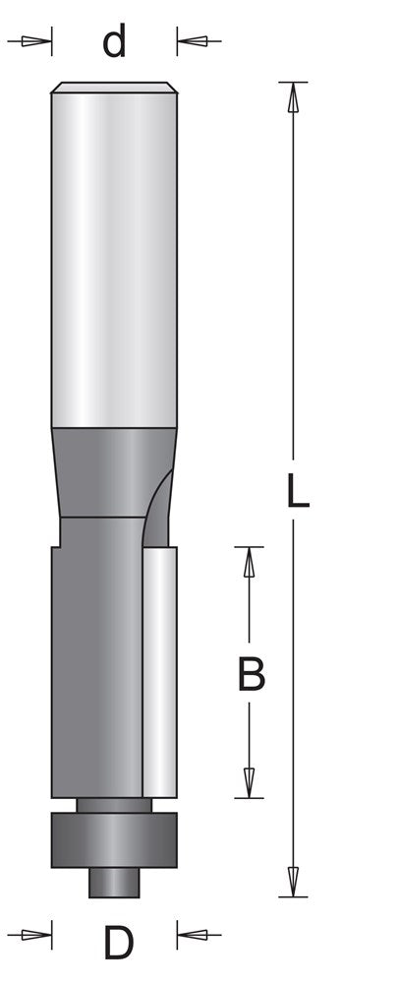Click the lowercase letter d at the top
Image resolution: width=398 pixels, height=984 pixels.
[116, 42]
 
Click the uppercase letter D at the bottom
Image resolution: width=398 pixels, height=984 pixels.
[118, 945]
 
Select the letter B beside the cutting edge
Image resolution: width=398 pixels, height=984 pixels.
[252, 675]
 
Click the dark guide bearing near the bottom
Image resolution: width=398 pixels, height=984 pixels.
[114, 838]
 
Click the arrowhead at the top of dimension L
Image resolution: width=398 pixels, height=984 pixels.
[292, 95]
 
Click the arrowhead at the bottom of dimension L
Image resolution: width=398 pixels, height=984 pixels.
[292, 882]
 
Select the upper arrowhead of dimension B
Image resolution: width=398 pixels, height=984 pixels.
[250, 562]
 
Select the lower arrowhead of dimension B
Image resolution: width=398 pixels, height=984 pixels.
[250, 782]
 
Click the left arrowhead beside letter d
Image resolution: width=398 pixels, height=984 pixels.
[35, 42]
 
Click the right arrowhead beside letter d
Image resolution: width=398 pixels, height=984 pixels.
[194, 42]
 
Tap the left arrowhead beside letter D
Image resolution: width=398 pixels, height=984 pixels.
[35, 929]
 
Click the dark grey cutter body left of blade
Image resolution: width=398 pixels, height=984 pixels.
[93, 669]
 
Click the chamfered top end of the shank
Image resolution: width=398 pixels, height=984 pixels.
[114, 88]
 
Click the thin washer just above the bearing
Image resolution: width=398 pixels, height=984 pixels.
[114, 805]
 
